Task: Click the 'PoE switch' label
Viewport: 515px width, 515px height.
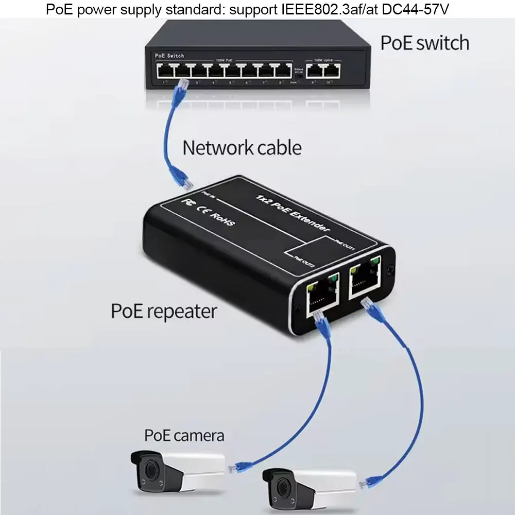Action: [424, 43]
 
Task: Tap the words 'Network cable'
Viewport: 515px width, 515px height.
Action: [242, 148]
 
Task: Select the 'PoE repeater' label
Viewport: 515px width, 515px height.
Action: [164, 311]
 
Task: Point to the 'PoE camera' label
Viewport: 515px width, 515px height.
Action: [184, 435]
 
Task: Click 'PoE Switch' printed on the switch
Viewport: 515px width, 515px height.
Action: [169, 56]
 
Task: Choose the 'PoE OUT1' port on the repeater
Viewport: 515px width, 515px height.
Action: [365, 278]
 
